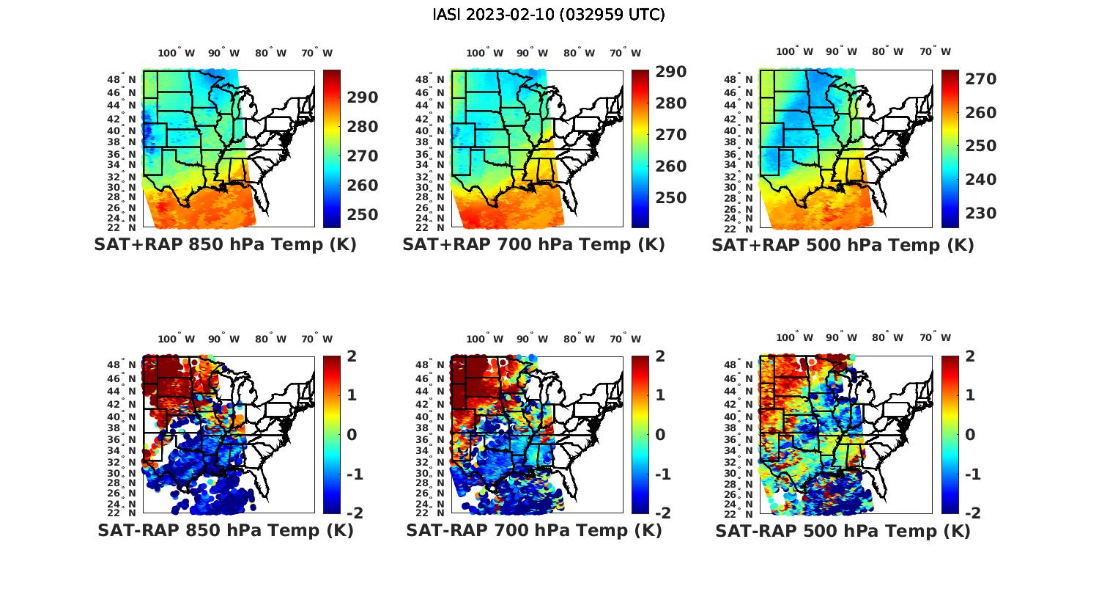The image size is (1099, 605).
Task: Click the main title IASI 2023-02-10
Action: click(549, 15)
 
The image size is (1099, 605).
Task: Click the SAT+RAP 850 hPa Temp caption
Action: click(225, 245)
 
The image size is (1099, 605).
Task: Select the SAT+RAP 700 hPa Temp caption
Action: click(533, 245)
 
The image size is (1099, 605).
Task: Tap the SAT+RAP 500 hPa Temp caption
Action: click(843, 246)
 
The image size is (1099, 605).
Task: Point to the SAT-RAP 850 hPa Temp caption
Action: click(225, 530)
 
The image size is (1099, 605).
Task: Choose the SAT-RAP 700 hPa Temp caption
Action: click(533, 530)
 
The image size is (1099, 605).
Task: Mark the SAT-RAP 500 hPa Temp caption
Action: click(843, 531)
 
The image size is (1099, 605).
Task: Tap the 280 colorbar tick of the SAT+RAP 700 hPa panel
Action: click(670, 103)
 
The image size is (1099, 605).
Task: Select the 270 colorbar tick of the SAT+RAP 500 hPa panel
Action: click(980, 79)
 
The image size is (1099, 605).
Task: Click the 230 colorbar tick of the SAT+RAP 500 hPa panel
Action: click(980, 213)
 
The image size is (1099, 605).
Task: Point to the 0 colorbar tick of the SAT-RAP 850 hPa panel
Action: click(352, 435)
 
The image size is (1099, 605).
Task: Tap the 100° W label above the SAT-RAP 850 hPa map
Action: click(176, 339)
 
